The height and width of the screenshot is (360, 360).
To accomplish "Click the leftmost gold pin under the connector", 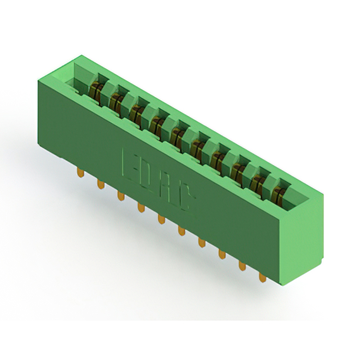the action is coord(80,173).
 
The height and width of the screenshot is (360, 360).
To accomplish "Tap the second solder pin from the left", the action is coord(101,184).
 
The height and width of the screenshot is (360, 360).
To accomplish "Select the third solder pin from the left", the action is coord(121,196).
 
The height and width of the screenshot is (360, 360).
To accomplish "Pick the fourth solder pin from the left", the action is coord(141,208).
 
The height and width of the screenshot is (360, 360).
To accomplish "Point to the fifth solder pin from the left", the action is coord(161,219).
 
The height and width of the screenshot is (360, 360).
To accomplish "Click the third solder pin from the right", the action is coord(222,254).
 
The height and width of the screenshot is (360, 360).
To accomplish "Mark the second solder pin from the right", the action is coord(242,266).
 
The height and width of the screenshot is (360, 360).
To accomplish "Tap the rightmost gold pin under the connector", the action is coord(263,277).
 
